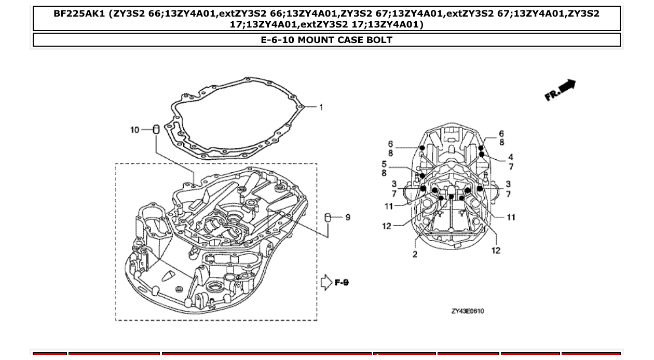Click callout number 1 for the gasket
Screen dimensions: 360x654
321,107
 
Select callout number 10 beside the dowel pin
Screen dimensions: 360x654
134,130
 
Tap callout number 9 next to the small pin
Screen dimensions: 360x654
347,217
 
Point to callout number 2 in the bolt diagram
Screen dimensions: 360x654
415,254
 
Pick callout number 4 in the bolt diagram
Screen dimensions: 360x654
511,157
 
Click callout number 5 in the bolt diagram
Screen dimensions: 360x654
384,164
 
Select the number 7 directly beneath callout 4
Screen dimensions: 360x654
511,167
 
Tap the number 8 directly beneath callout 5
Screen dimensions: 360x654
384,173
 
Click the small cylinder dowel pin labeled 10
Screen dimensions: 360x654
155,129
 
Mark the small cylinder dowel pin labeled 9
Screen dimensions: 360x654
328,217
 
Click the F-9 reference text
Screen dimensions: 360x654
342,283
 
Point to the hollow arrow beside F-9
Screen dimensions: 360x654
326,283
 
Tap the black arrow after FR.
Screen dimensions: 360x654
568,86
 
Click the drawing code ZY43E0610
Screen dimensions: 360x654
468,311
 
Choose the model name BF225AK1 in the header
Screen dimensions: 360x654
79,14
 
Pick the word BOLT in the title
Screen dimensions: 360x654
379,40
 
